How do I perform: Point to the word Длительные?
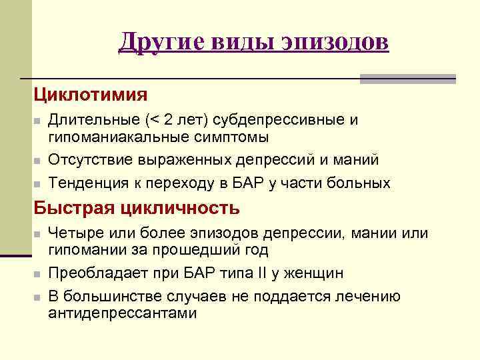click(x=91, y=120)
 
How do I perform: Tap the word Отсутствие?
click(x=91, y=160)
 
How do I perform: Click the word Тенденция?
click(x=90, y=183)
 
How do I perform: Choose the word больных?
click(x=359, y=183)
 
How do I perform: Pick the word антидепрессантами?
click(x=123, y=313)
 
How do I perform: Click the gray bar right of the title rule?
click(x=407, y=79)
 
